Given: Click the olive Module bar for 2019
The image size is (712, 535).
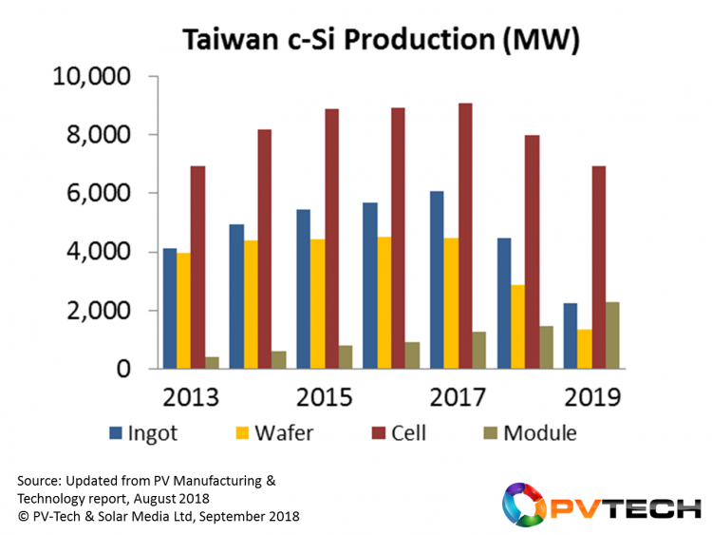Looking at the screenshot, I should click(x=612, y=335).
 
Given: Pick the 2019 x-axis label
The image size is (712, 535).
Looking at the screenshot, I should click(x=593, y=396).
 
